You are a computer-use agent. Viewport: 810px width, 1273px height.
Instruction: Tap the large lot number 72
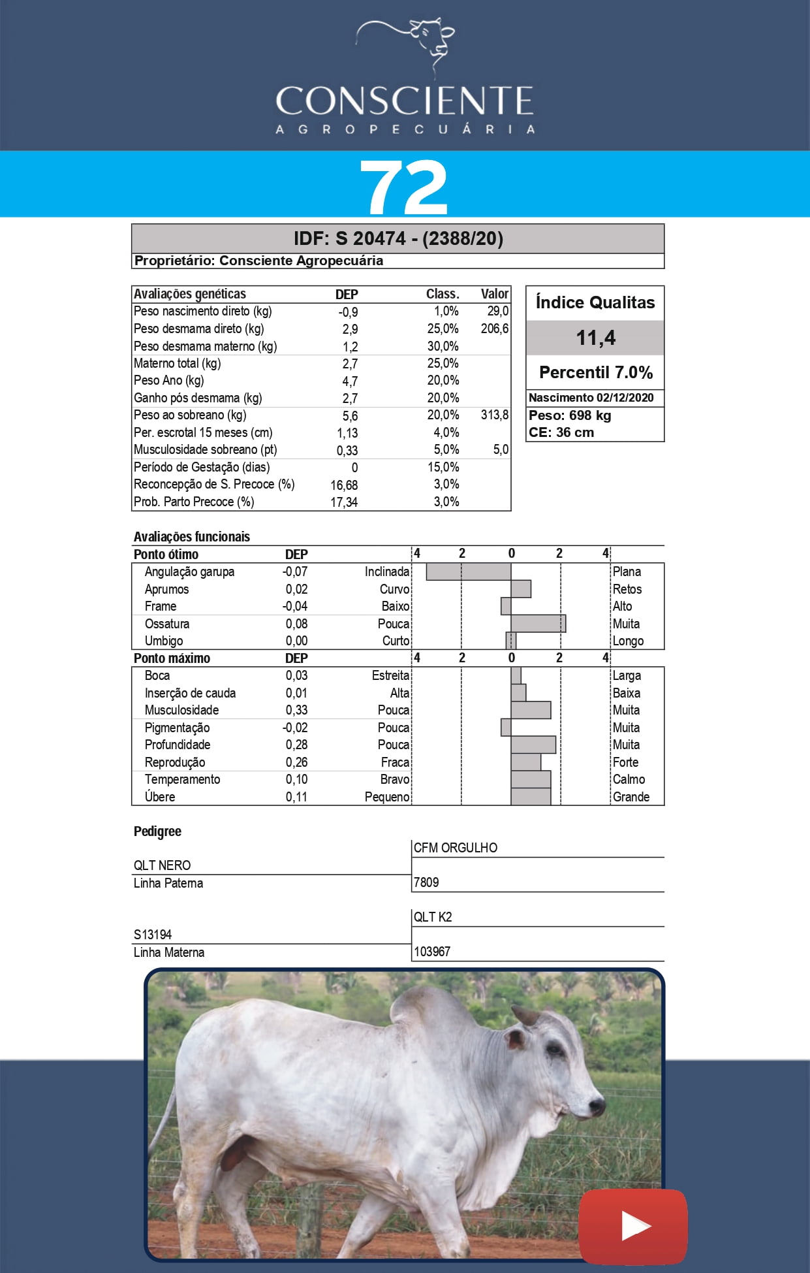click(x=404, y=187)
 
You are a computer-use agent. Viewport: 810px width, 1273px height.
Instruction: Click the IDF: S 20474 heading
click(x=398, y=238)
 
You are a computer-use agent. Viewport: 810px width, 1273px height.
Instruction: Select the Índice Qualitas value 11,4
click(x=595, y=338)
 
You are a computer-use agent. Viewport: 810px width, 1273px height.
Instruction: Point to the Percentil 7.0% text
click(x=595, y=372)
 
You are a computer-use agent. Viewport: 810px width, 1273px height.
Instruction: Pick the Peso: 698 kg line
click(x=570, y=415)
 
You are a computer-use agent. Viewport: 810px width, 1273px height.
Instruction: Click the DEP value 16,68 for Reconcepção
click(x=344, y=485)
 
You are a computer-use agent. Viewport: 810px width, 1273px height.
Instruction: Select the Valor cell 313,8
click(x=494, y=415)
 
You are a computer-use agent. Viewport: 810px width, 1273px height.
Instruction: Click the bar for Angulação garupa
click(x=468, y=572)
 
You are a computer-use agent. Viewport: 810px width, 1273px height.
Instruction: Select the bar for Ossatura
click(x=538, y=623)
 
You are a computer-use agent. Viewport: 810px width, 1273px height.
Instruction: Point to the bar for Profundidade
click(x=533, y=745)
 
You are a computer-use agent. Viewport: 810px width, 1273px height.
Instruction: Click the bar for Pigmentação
click(x=506, y=727)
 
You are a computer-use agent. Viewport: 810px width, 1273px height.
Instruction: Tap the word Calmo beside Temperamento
click(x=629, y=779)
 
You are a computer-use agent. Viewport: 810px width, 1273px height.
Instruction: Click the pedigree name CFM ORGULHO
click(x=455, y=848)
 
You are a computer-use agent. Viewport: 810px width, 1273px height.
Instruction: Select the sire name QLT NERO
click(x=162, y=865)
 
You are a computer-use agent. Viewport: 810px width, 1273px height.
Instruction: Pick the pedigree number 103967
click(x=432, y=952)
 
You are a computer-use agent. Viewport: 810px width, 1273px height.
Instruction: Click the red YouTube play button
click(x=633, y=1226)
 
